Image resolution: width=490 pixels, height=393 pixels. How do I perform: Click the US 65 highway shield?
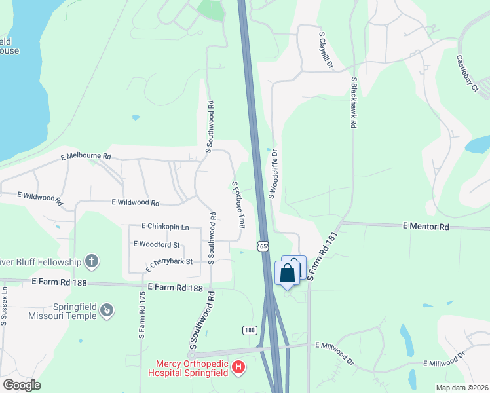pyautogui.click(x=263, y=246)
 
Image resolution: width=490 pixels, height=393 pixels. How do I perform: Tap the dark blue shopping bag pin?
pyautogui.click(x=287, y=273)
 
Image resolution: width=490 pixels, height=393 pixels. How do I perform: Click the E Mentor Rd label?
pyautogui.click(x=426, y=227)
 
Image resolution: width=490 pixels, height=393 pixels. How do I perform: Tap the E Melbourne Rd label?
pyautogui.click(x=86, y=157)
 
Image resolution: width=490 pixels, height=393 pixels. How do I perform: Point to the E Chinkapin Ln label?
pyautogui.click(x=165, y=227)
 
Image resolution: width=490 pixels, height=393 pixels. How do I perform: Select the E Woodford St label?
pyautogui.click(x=157, y=244)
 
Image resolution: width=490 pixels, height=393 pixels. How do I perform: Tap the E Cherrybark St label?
pyautogui.click(x=168, y=264)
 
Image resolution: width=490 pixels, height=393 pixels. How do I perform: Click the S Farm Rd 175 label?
pyautogui.click(x=141, y=314)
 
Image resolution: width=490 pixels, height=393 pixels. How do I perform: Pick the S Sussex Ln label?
pyautogui.click(x=4, y=306)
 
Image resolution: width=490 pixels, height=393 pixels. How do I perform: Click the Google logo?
pyautogui.click(x=22, y=385)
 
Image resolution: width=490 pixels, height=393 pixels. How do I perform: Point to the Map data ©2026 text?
pyautogui.click(x=461, y=387)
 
